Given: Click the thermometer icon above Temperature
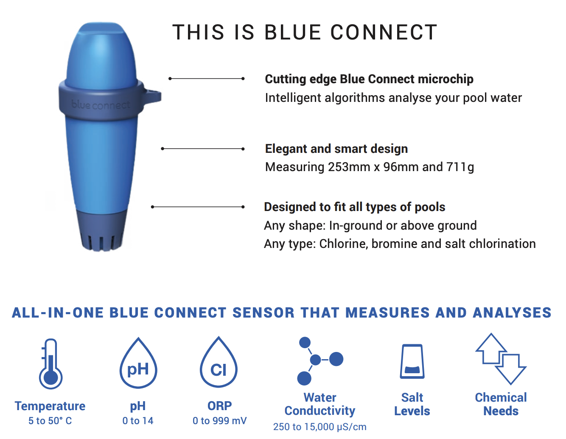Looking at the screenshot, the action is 50,364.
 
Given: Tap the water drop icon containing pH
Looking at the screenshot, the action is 138,363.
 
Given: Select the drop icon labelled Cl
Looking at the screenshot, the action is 219,362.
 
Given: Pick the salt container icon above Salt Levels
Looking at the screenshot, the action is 412,361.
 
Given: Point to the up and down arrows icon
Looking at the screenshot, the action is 501,359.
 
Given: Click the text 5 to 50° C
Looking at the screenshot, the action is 50,421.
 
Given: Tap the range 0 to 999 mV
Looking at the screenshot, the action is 219,421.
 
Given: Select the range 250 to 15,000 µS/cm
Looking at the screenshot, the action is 319,427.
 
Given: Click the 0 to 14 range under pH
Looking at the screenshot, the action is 138,421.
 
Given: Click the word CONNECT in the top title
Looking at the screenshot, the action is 384,32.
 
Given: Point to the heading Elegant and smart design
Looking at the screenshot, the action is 336,149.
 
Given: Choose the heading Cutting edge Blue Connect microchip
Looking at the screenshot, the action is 369,79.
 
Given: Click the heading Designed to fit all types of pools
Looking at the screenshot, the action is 355,207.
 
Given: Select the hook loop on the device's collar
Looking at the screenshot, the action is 152,97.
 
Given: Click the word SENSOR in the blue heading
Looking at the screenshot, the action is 263,312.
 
